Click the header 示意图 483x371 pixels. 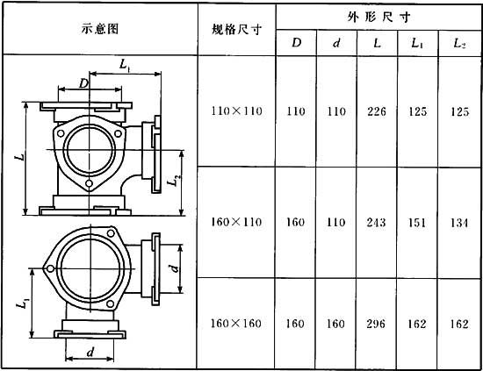coord(100,29)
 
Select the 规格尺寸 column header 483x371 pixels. coord(236,30)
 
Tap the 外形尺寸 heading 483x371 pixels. coord(378,17)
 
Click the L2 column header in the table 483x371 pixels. coord(459,43)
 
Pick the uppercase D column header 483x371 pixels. coord(296,42)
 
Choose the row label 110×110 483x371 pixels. coord(236,111)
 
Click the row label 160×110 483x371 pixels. coord(236,222)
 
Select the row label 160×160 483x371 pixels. coord(236,324)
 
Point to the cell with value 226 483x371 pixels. coord(377,111)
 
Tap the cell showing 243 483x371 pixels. coord(376,222)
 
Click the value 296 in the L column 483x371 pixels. coord(376,324)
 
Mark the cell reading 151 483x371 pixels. coord(417,223)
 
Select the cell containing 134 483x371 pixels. coord(459,223)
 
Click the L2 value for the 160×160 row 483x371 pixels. coord(459,324)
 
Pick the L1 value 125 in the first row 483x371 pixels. coord(417,111)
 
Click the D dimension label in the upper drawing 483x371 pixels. coord(83,83)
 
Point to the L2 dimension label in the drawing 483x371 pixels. coord(174,181)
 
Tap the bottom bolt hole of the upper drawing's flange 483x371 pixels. coord(89,183)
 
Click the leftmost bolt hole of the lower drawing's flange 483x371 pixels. coord(50,269)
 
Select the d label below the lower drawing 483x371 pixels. coord(90,352)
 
